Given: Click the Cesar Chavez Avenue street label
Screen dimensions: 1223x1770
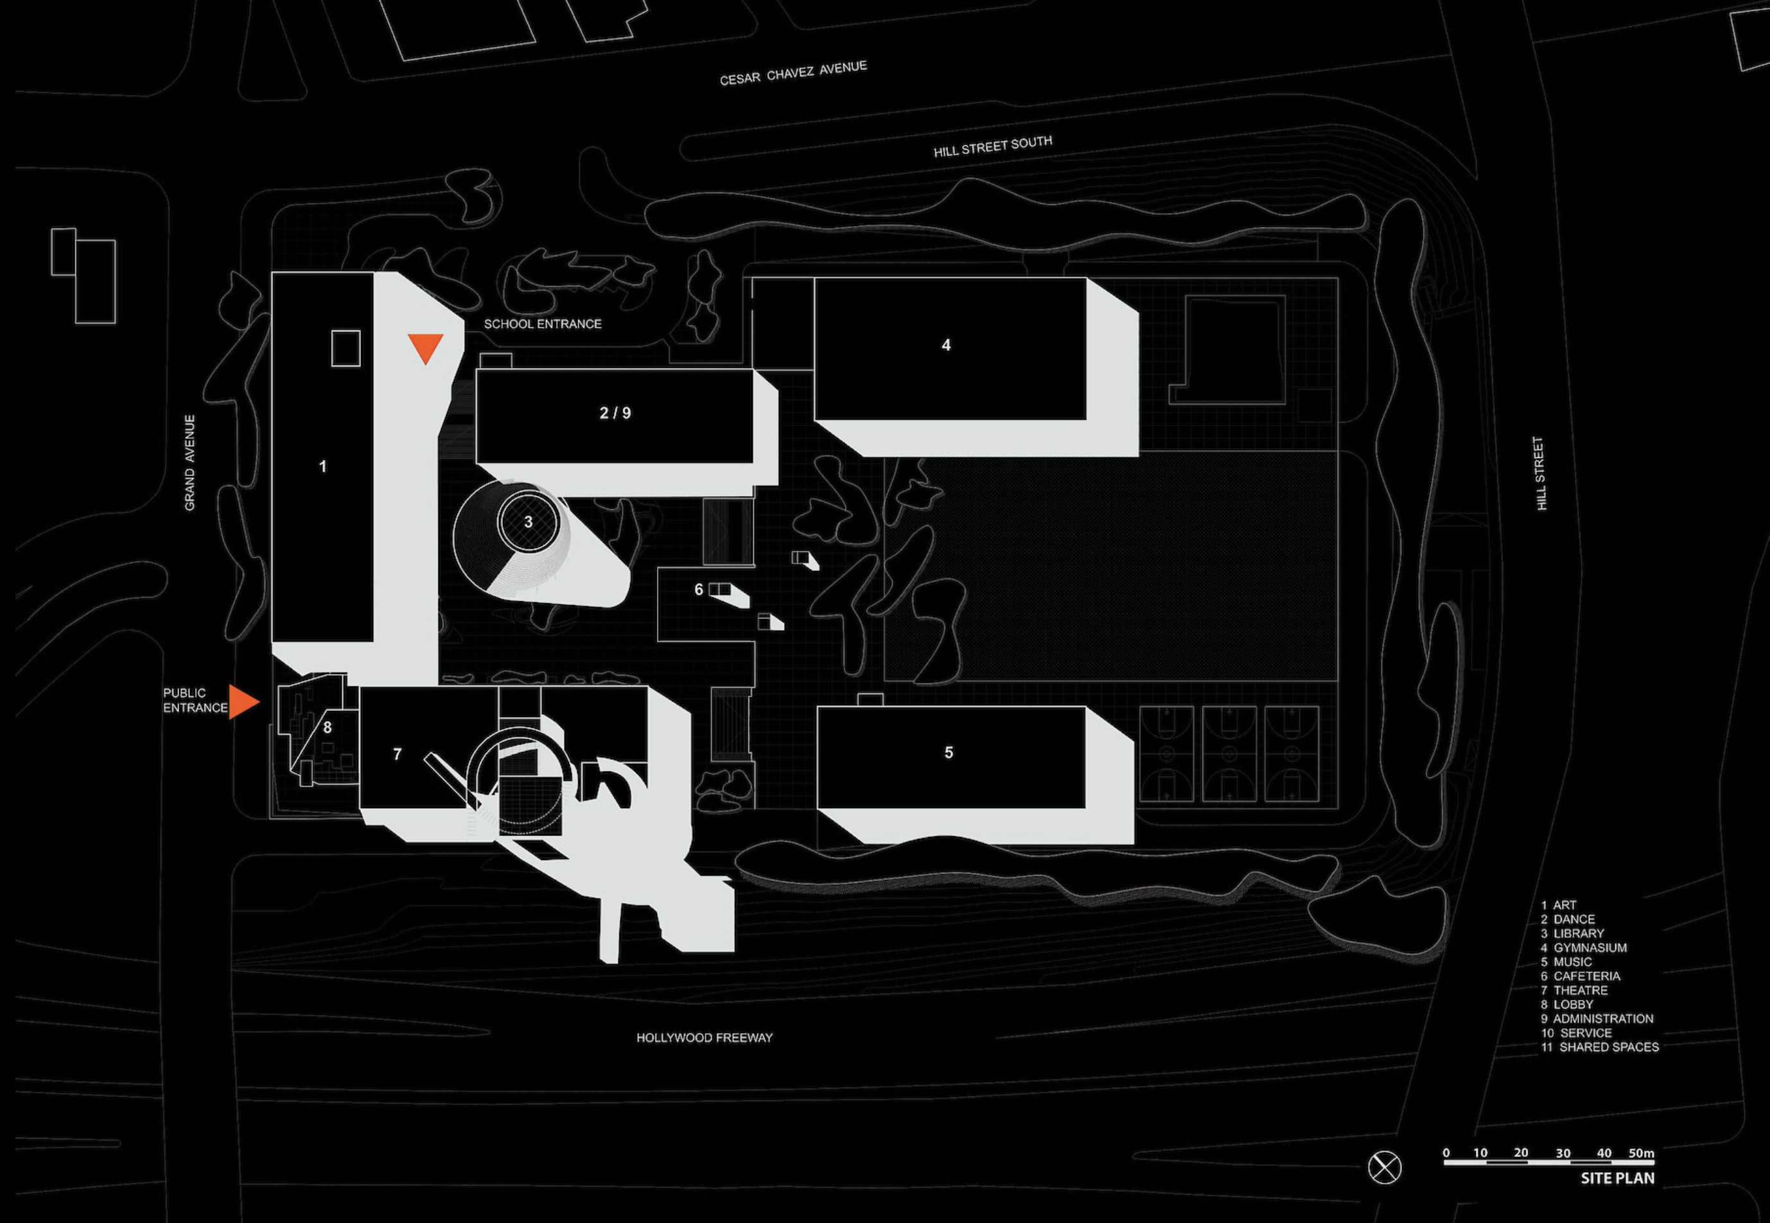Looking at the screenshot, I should tap(793, 73).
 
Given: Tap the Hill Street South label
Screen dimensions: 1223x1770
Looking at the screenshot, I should tap(992, 146).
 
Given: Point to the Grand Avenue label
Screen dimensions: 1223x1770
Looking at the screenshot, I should tap(189, 463).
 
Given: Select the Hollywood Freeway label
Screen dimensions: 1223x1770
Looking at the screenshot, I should tap(704, 1037).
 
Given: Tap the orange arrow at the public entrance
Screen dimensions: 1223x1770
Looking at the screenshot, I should tap(243, 702).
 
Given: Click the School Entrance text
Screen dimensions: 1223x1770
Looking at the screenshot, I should tap(543, 324).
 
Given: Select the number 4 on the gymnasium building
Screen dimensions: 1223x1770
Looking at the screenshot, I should tap(946, 346).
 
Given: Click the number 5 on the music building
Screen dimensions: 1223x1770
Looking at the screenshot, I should tap(949, 753).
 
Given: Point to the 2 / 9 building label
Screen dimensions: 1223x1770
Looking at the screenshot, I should tap(615, 414).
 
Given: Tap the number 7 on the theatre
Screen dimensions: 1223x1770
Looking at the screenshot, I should tap(397, 755).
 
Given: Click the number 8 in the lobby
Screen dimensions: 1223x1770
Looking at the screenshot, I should tap(327, 727).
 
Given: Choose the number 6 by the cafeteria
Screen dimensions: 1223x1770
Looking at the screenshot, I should tap(698, 589).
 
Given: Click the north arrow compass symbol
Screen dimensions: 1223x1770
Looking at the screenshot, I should tap(1385, 1168).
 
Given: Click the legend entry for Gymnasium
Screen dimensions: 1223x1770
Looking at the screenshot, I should tap(1583, 948).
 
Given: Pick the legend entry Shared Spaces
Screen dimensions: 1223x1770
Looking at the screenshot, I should tap(1600, 1047).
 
